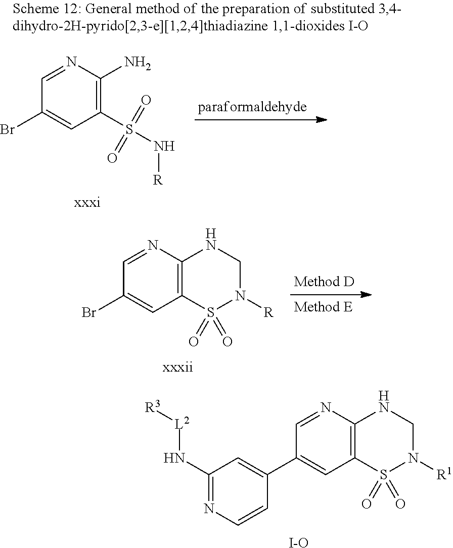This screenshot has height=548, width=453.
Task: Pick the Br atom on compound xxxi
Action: point(7,130)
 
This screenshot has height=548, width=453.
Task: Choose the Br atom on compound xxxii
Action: point(89,313)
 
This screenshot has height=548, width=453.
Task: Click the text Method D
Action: point(324,282)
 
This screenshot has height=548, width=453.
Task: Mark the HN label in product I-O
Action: point(172,459)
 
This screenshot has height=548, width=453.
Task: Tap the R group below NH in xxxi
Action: point(158,180)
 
